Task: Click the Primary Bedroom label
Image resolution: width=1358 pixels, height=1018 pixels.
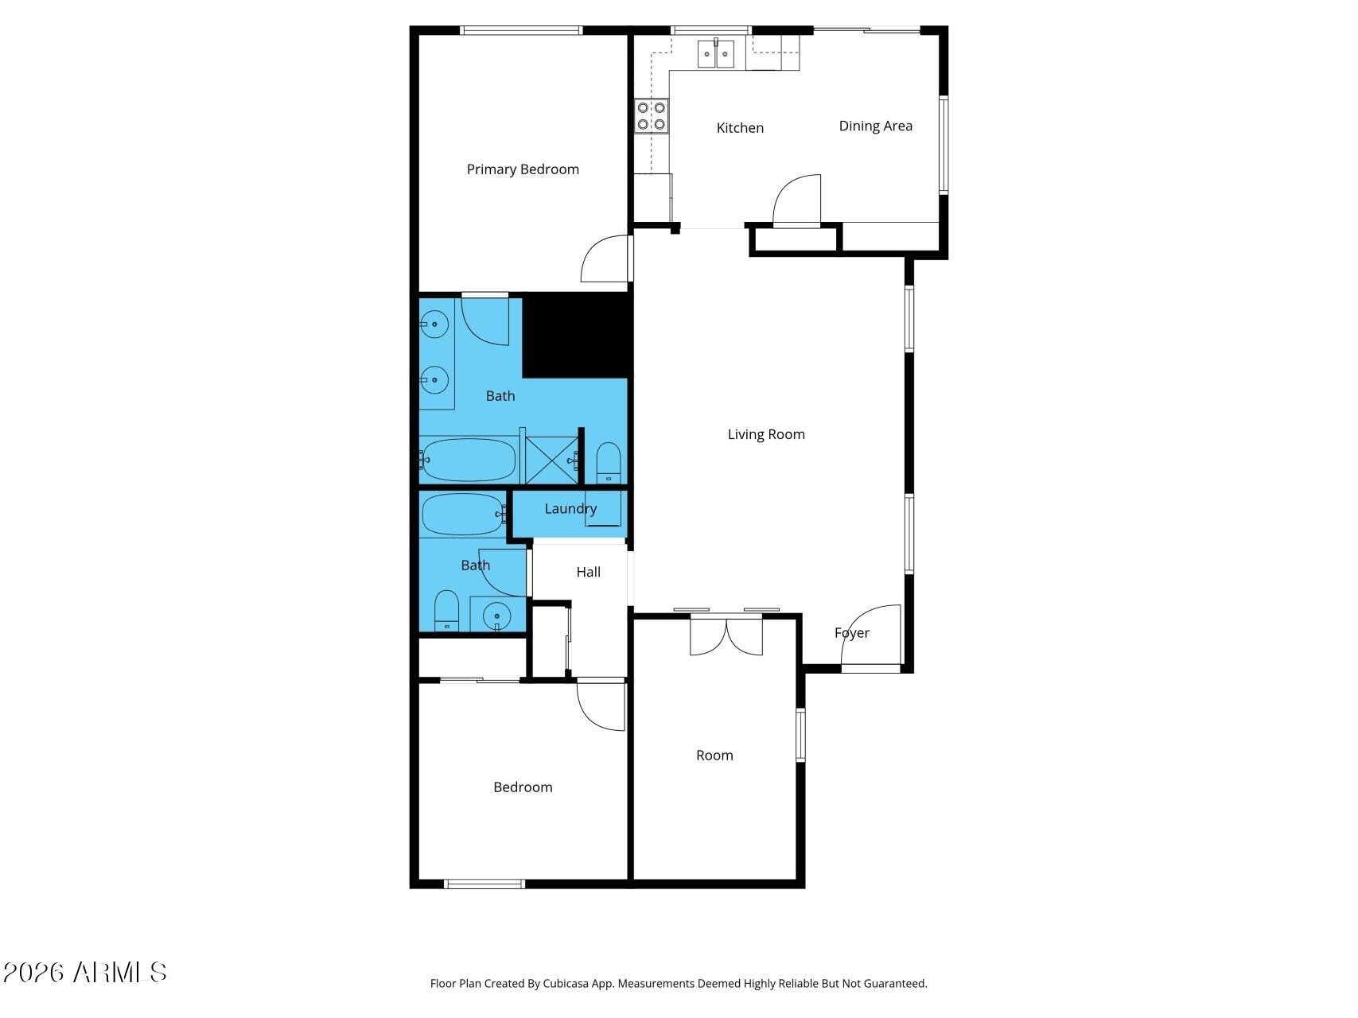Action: (x=523, y=169)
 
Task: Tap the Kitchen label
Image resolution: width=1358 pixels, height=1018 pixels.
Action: (x=740, y=128)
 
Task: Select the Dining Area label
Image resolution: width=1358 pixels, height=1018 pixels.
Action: (x=876, y=126)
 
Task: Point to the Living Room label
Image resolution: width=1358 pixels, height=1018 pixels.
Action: (x=766, y=434)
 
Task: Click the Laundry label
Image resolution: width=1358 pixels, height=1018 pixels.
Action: (x=570, y=509)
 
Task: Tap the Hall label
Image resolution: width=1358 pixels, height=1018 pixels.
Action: (x=589, y=572)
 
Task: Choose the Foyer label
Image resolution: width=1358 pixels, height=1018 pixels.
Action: (x=852, y=633)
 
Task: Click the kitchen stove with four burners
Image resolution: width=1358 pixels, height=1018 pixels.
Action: (x=651, y=116)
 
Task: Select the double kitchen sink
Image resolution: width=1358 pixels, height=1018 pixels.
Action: (x=716, y=54)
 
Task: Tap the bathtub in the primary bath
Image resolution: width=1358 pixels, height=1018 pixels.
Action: (x=469, y=460)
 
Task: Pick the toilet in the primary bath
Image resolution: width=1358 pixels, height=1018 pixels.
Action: (x=608, y=463)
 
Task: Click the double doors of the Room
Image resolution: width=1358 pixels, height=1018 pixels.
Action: (x=726, y=636)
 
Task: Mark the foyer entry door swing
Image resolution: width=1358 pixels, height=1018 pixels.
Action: (x=870, y=635)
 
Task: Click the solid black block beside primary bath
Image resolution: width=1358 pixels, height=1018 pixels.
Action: (x=576, y=336)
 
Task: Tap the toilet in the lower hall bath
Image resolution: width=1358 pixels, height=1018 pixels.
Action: (x=446, y=611)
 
